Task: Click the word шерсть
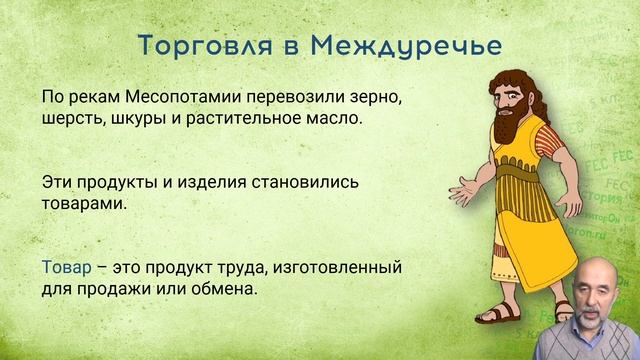click(x=70, y=118)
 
